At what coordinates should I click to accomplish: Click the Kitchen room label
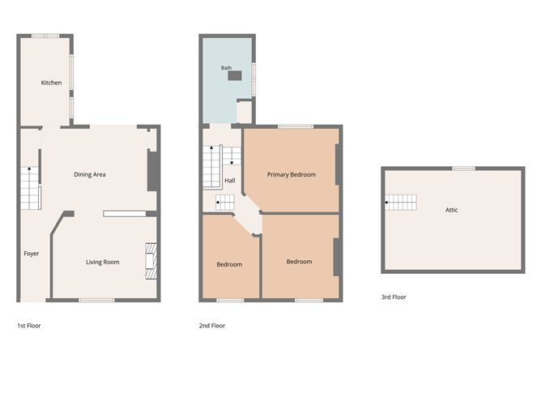pos(51,83)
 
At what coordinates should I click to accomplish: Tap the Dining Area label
pos(90,175)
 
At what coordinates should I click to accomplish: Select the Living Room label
pos(103,263)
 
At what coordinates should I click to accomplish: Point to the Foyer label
pos(32,254)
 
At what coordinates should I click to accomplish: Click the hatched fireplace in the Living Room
pos(151,261)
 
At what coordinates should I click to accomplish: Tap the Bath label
pos(226,68)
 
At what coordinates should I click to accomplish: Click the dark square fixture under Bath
pos(235,75)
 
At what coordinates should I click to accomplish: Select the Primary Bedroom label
pos(292,175)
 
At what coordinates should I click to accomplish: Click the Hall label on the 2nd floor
pos(230,181)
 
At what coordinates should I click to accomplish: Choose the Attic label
pos(452,210)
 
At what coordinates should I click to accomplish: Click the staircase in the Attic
pos(401,203)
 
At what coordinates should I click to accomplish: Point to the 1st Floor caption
pos(29,326)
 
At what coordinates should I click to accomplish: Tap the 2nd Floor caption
pos(212,326)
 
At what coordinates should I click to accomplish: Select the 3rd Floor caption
pos(394,297)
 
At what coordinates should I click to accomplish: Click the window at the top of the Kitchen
pos(45,36)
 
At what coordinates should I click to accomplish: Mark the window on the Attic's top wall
pos(464,169)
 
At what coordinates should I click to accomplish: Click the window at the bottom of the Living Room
pos(96,301)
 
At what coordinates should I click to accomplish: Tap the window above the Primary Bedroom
pos(296,126)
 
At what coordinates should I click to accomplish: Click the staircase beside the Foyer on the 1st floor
pos(30,188)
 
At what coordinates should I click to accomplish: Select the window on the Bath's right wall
pos(253,79)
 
